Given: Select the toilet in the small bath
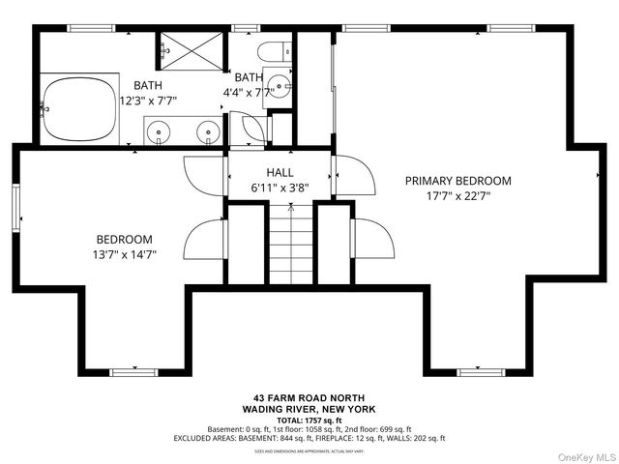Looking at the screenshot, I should point(272,51).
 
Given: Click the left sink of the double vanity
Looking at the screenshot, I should point(160,130).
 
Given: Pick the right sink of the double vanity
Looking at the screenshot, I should point(207,130).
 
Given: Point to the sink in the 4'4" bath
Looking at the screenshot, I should point(280,85).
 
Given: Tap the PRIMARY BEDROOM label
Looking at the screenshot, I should point(457,181).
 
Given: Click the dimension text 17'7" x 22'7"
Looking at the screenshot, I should point(457,196).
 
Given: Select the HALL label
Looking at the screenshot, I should point(280,173).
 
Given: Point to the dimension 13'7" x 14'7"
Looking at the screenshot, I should point(124,255).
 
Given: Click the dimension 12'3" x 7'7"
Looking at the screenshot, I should point(154,101).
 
